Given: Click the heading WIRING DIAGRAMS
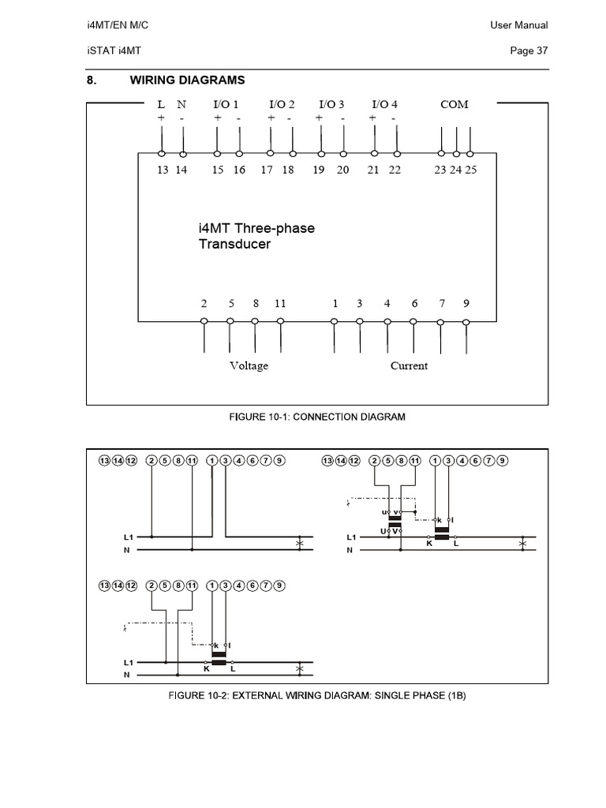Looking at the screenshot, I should [x=187, y=80].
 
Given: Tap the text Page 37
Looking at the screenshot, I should [x=529, y=51].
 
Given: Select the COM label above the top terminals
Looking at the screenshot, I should [x=454, y=104].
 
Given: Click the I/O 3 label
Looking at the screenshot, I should [x=331, y=104].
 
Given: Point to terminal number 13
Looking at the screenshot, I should [x=163, y=170].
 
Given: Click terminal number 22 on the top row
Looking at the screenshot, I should [x=395, y=170].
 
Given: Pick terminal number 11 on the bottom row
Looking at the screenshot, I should [x=280, y=303].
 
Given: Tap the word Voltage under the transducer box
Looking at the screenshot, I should [x=249, y=365].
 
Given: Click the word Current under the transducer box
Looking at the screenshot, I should [x=409, y=365].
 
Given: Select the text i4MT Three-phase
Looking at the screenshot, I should [x=256, y=228].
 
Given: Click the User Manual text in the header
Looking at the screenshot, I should [x=518, y=25].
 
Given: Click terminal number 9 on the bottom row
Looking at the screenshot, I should [x=466, y=303].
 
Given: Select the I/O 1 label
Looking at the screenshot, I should [x=226, y=104].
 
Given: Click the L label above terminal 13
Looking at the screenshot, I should [x=162, y=104].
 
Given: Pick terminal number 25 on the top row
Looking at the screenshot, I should [x=471, y=170].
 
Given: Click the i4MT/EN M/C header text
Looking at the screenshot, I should [x=118, y=25].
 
